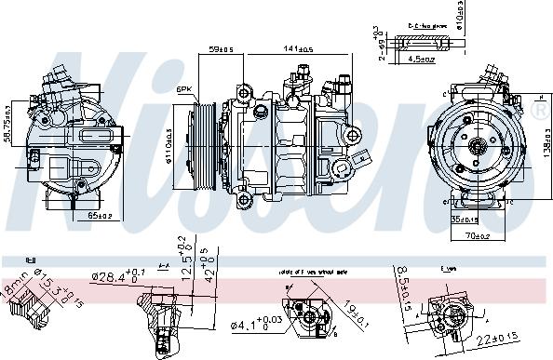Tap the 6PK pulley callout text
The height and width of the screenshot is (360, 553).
point(185,90)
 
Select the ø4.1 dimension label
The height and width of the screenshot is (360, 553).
point(247,327)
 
